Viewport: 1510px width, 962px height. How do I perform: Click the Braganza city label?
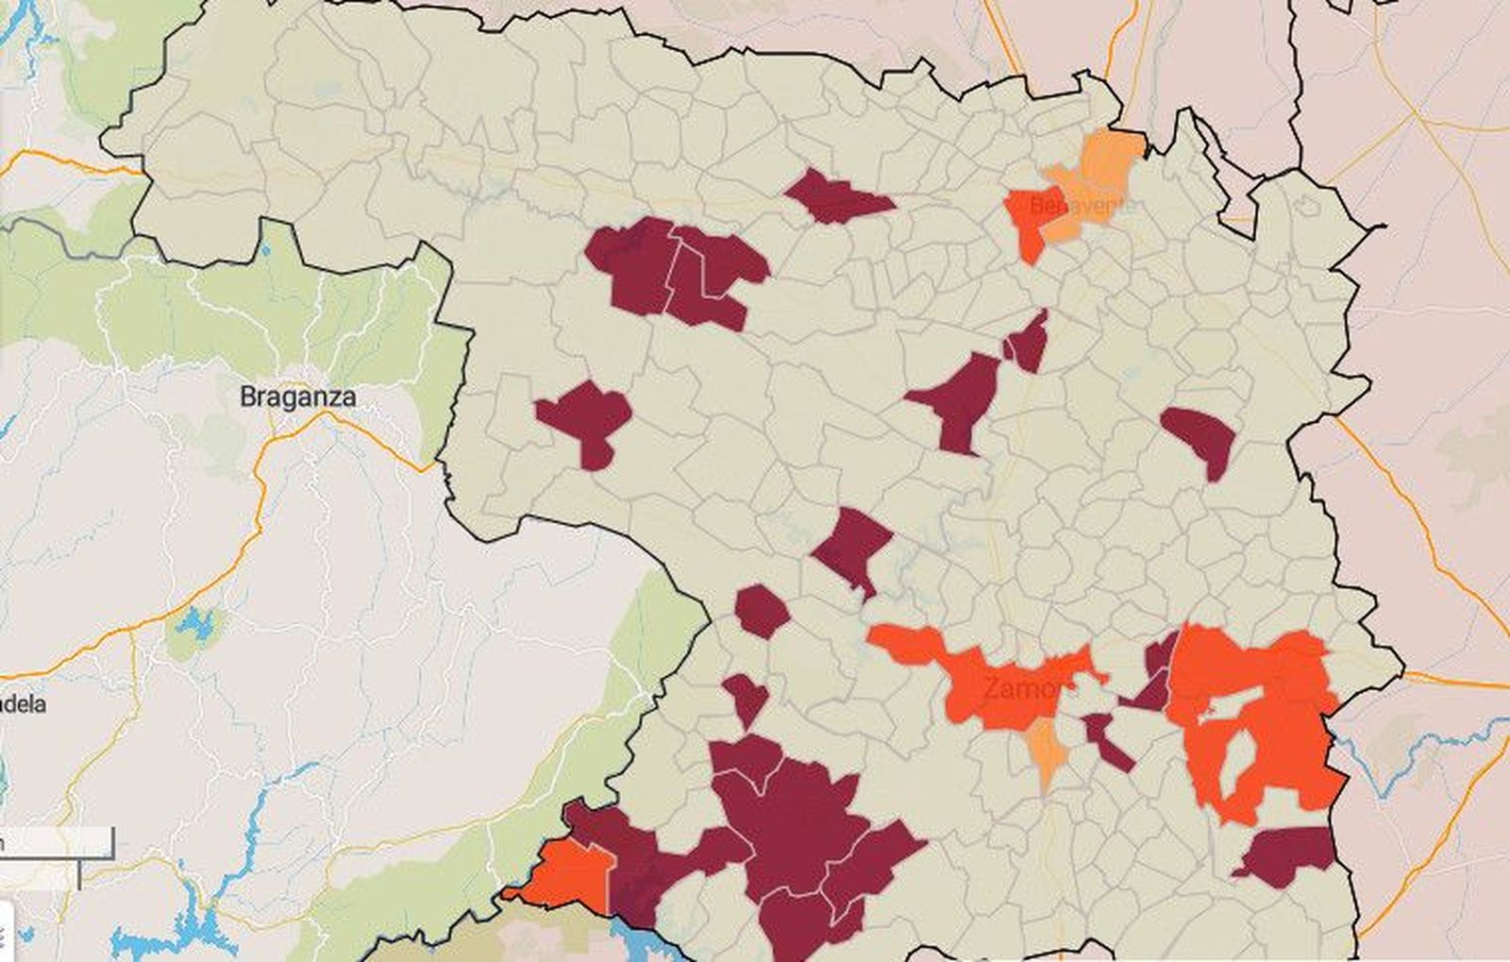297,397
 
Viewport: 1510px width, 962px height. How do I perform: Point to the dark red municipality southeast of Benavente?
1200,436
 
